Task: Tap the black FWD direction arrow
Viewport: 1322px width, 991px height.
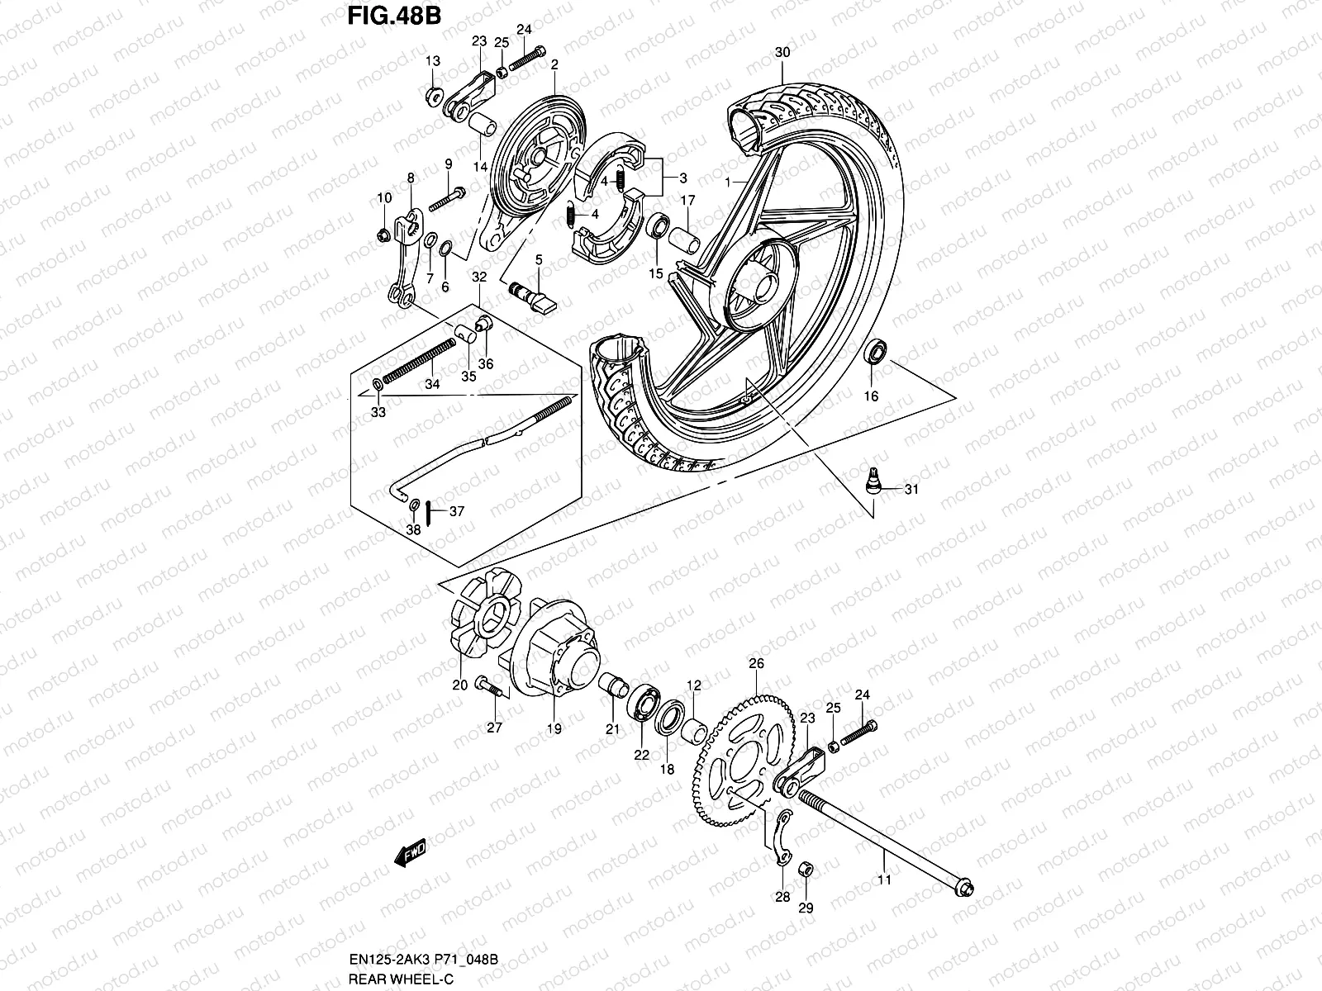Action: (x=409, y=852)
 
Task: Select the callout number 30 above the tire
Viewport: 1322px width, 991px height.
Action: (x=782, y=52)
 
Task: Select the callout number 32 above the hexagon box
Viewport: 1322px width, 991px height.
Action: (x=479, y=277)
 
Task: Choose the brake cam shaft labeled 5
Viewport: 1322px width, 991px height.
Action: (x=532, y=295)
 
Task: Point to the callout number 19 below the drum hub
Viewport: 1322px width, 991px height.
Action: (x=554, y=728)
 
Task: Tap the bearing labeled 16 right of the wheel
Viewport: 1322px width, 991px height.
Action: (x=875, y=352)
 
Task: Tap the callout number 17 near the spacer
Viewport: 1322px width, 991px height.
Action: (x=687, y=201)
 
